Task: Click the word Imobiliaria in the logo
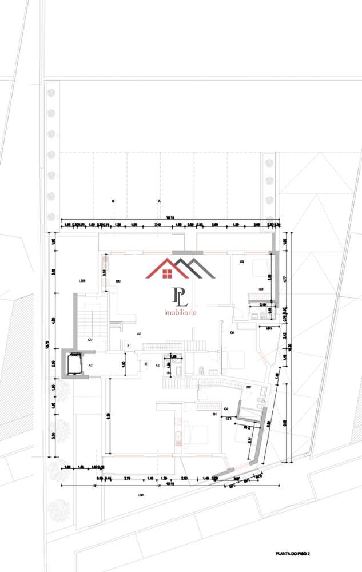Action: pos(180,313)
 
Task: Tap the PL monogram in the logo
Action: pos(180,296)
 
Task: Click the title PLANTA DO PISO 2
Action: pos(296,554)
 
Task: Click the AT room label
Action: pos(90,364)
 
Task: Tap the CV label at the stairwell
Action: pos(90,340)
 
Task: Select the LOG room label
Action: pos(82,281)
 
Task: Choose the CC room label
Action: pos(118,281)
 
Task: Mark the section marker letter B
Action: pos(113,201)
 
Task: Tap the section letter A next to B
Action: pos(158,201)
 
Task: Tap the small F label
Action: pos(128,345)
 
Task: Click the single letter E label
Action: pos(145,364)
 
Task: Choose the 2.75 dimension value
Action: pos(128,478)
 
